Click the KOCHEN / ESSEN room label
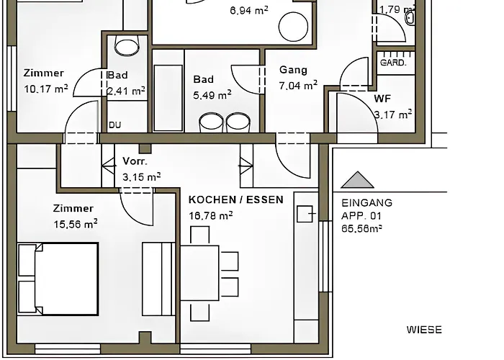click(x=235, y=199)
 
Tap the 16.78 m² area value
click(x=210, y=215)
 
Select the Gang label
click(x=293, y=71)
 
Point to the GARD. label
click(x=393, y=63)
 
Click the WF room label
click(x=382, y=99)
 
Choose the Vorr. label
click(x=135, y=161)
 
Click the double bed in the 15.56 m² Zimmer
click(x=58, y=279)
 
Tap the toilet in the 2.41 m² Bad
click(x=127, y=47)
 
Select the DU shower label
click(x=115, y=125)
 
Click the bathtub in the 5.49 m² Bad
click(x=168, y=90)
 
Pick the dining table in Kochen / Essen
click(x=199, y=273)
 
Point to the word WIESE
click(x=424, y=330)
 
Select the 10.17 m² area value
click(x=45, y=89)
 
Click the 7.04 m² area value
click(x=298, y=85)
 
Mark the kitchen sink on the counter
click(x=305, y=214)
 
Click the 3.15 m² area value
click(x=141, y=176)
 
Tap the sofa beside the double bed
click(x=158, y=279)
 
